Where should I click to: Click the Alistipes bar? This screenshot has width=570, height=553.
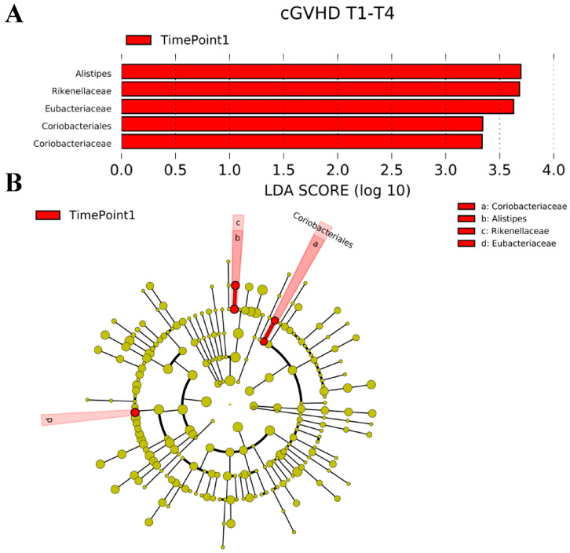tap(321, 71)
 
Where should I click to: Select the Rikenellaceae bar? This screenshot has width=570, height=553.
tap(320, 89)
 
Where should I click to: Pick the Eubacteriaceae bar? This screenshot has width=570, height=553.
tap(317, 107)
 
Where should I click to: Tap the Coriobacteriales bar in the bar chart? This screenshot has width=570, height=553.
tap(302, 124)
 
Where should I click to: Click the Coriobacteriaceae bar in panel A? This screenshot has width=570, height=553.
tap(301, 141)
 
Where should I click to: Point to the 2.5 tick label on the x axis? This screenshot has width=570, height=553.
tap(392, 170)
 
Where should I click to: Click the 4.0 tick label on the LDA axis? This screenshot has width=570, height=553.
tap(554, 170)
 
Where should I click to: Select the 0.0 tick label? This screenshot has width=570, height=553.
tap(122, 170)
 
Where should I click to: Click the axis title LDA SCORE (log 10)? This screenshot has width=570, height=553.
tap(337, 191)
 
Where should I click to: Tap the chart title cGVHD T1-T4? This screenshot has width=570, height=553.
tap(338, 14)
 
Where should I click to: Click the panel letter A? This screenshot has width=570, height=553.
tap(14, 15)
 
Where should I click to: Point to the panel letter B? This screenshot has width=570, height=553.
tap(14, 182)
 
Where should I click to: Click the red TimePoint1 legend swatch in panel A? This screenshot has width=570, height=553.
tap(138, 40)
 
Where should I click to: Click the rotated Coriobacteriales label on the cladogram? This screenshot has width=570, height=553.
tap(323, 230)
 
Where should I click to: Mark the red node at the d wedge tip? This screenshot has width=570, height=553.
tap(135, 412)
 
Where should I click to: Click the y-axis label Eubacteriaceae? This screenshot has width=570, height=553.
tap(79, 108)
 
